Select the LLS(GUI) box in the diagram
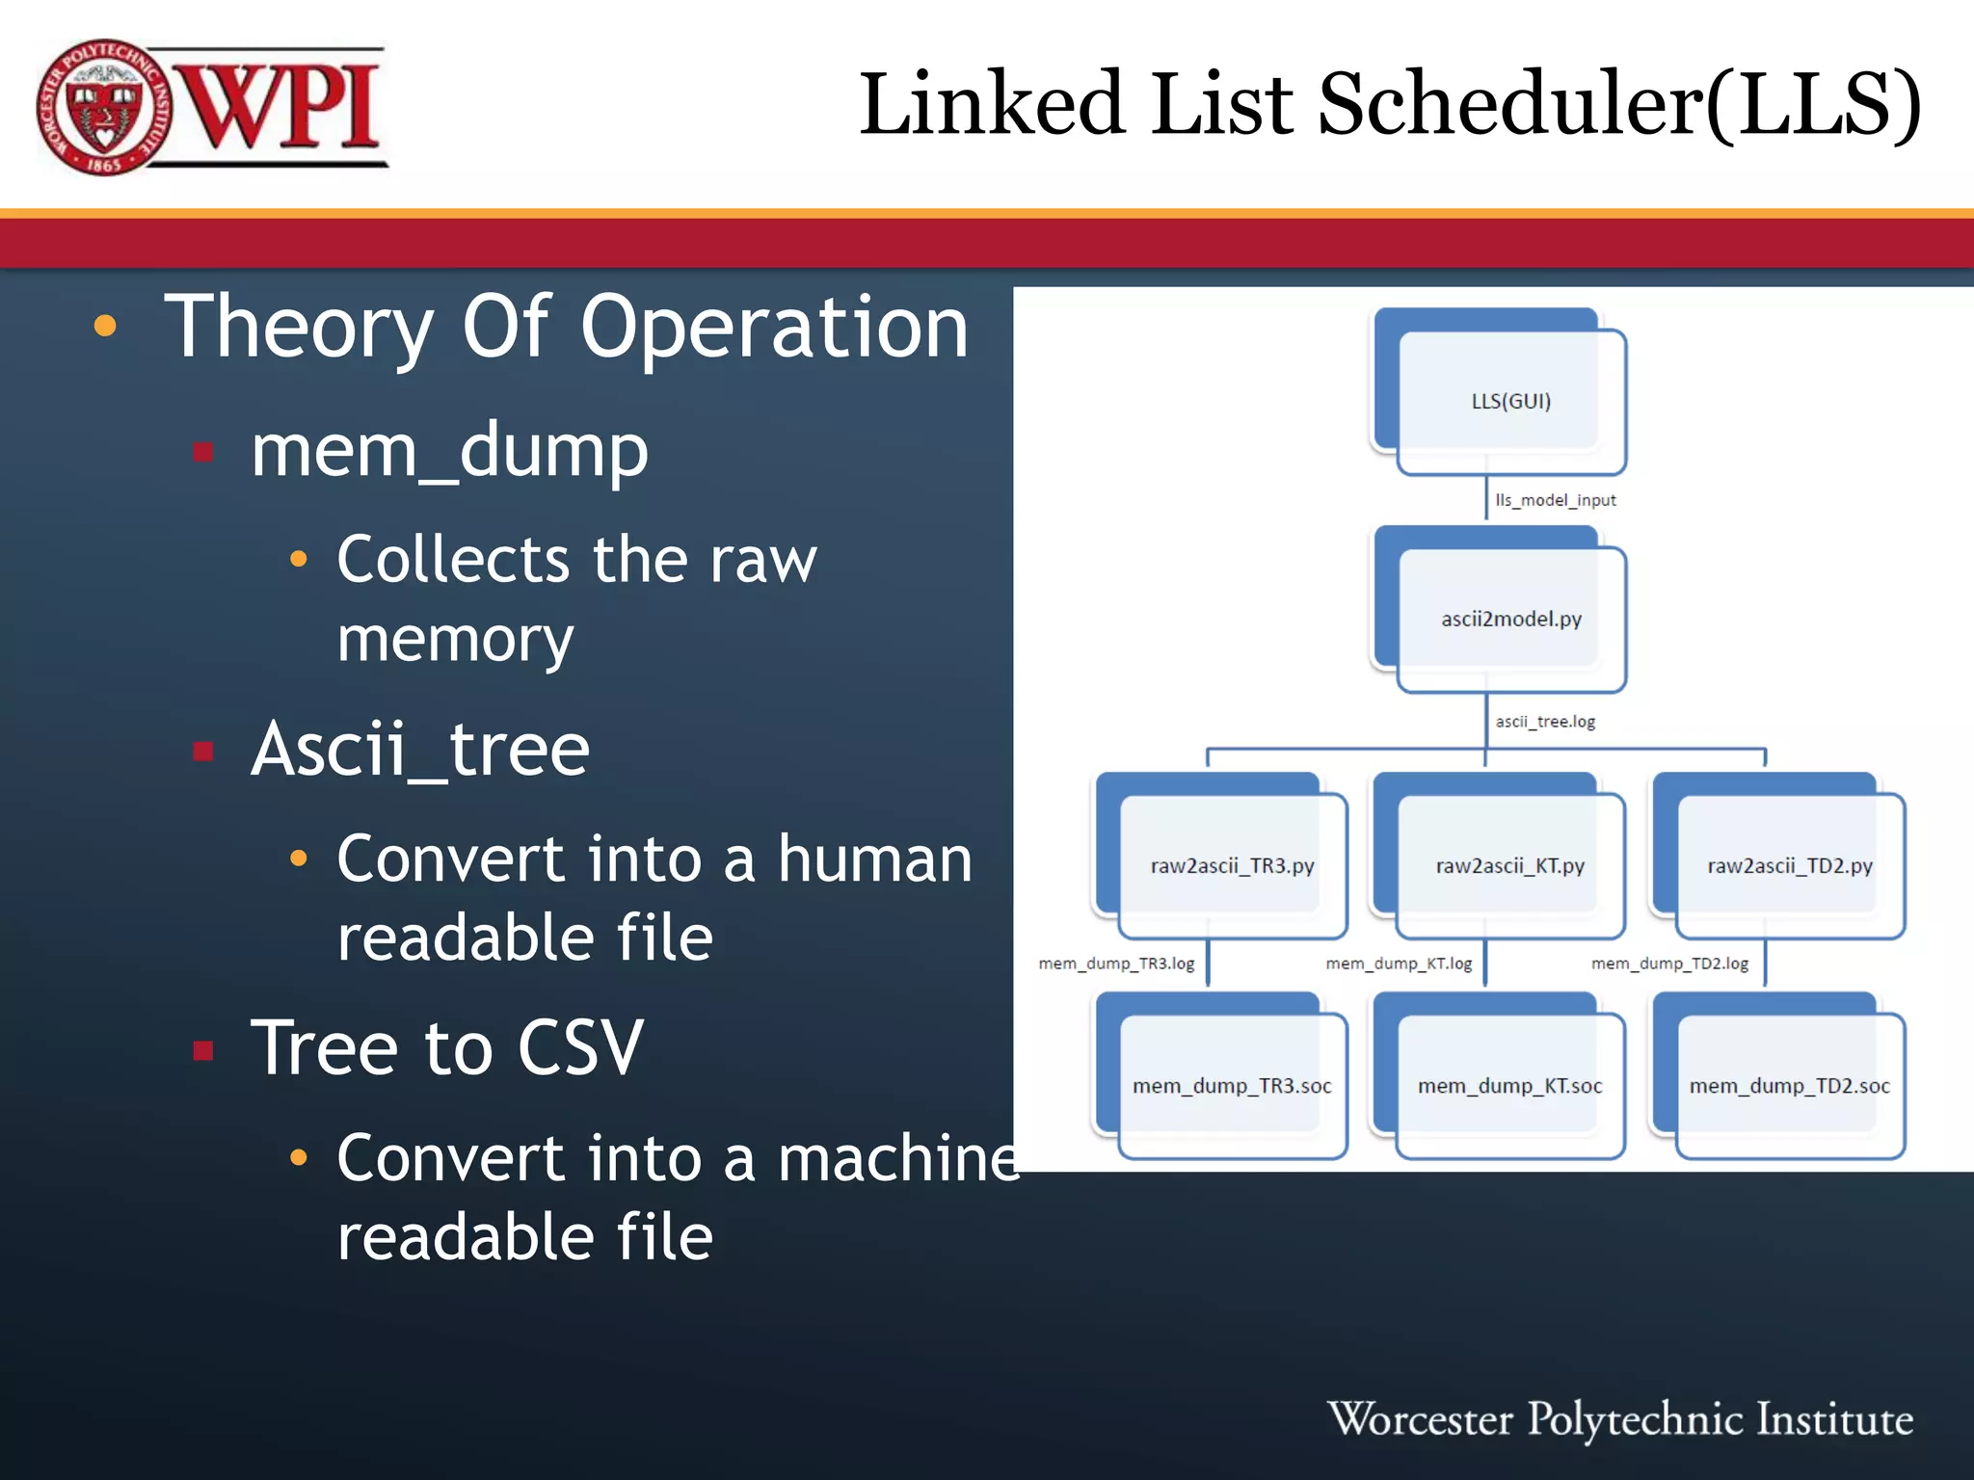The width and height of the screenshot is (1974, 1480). tap(1510, 401)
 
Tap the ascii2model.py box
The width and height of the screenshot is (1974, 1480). tap(1510, 619)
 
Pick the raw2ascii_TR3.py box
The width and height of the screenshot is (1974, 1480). tap(1232, 865)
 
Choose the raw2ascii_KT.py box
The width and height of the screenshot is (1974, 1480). tap(1509, 865)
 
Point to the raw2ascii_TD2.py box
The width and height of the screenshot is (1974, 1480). tap(1789, 865)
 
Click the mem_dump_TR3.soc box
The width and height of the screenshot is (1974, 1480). tap(1232, 1086)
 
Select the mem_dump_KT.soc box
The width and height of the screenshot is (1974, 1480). tap(1509, 1086)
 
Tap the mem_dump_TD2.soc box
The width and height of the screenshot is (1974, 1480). tap(1789, 1086)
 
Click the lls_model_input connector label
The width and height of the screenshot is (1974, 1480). tap(1555, 500)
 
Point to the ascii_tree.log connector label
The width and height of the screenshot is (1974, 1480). tap(1545, 722)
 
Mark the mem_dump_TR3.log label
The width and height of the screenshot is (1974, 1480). tap(1116, 964)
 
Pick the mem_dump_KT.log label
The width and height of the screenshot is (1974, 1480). tap(1399, 964)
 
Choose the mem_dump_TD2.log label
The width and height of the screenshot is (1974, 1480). tap(1669, 964)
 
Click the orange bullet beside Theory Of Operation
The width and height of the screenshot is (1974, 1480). tap(105, 327)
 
